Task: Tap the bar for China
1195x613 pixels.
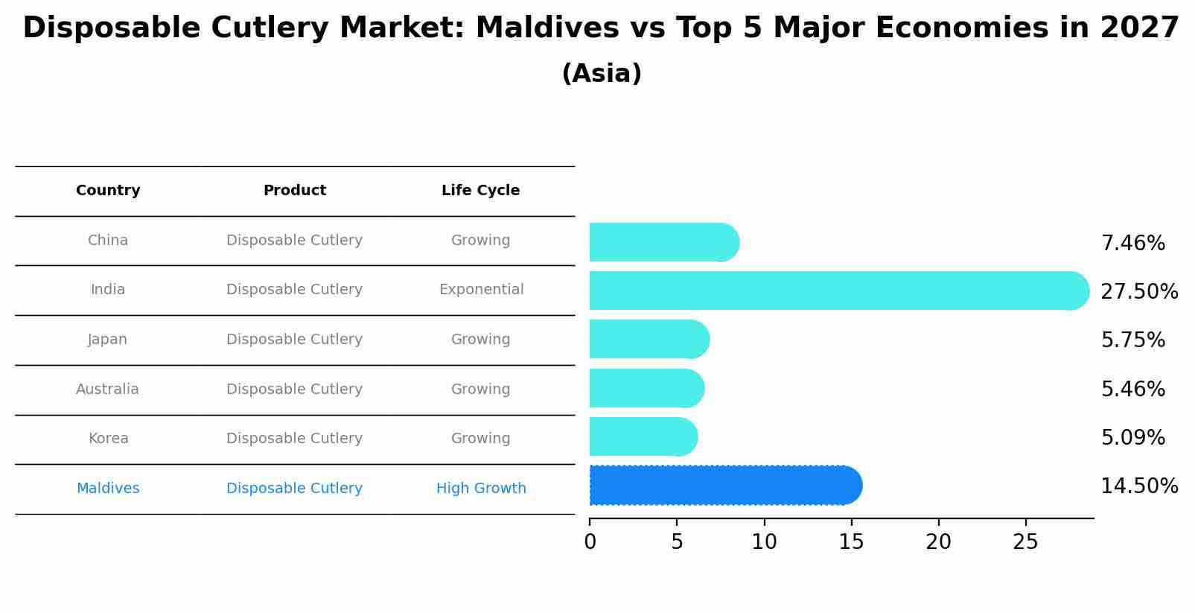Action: [x=663, y=242]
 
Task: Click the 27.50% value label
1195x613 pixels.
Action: [x=1138, y=291]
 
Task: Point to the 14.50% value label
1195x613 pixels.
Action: [x=1138, y=486]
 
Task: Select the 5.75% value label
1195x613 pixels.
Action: [x=1132, y=340]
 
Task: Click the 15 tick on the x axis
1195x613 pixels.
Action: [x=851, y=542]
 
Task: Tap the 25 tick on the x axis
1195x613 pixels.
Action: [x=1025, y=542]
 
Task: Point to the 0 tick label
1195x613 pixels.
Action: [x=590, y=542]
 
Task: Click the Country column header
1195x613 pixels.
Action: [x=108, y=191]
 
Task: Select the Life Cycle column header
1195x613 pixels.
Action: [x=480, y=191]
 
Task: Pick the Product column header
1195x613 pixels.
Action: [x=295, y=191]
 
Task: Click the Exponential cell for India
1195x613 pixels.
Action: [x=481, y=290]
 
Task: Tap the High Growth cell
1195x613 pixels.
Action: [x=481, y=489]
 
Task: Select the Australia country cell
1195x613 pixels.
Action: [x=107, y=390]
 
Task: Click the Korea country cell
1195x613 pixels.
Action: [x=108, y=439]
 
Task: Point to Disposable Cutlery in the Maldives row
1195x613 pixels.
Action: [x=294, y=489]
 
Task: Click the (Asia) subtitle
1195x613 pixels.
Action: [x=602, y=74]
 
